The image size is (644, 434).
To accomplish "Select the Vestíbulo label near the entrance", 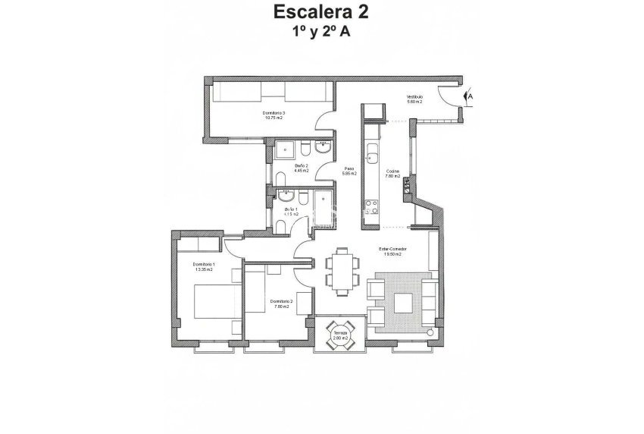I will [x=414, y=97].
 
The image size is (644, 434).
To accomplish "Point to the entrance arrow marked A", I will [x=469, y=97].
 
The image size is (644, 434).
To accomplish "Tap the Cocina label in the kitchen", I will [x=392, y=171].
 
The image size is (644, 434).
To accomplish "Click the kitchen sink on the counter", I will [x=373, y=158].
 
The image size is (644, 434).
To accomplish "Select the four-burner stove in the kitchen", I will [x=372, y=204].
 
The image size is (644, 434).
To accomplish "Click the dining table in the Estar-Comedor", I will [x=339, y=269].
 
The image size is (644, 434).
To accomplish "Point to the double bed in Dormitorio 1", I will [x=213, y=301].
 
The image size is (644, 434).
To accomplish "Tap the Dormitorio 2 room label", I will [x=281, y=301].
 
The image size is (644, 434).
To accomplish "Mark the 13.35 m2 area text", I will [x=204, y=269].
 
